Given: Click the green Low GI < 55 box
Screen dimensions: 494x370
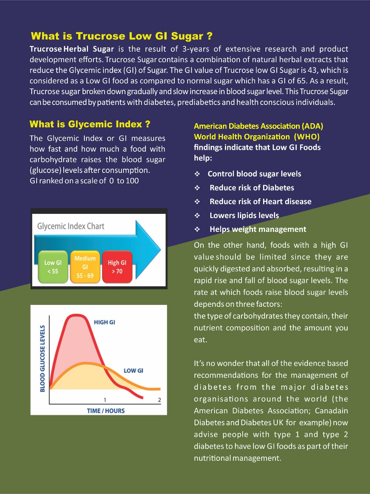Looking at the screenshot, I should pyautogui.click(x=53, y=267).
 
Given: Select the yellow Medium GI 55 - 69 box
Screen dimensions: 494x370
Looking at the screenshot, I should pyautogui.click(x=85, y=267).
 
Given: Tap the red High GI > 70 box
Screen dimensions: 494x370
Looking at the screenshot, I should pyautogui.click(x=117, y=267).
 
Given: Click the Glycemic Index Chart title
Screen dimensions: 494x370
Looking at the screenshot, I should pyautogui.click(x=71, y=226).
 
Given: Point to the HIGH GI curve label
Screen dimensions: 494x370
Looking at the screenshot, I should pyautogui.click(x=104, y=322).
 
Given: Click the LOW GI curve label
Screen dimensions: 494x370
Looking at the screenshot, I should pyautogui.click(x=133, y=370).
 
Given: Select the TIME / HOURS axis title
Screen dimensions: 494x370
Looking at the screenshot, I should pyautogui.click(x=106, y=411).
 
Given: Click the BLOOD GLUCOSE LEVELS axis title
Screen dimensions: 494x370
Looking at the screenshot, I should pyautogui.click(x=42, y=358).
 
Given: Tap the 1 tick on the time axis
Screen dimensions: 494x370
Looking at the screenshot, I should pyautogui.click(x=105, y=400).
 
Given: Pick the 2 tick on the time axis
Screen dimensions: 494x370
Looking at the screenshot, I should pyautogui.click(x=159, y=400).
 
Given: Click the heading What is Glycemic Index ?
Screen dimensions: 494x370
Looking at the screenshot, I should pyautogui.click(x=90, y=124).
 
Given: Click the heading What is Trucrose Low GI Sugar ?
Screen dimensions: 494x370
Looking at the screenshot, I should pyautogui.click(x=122, y=36).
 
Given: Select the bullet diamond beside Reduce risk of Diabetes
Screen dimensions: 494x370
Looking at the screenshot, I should pyautogui.click(x=197, y=188).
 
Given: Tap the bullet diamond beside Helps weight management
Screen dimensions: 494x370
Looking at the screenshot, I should pyautogui.click(x=197, y=229).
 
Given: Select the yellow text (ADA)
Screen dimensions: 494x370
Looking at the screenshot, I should pyautogui.click(x=313, y=126).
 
